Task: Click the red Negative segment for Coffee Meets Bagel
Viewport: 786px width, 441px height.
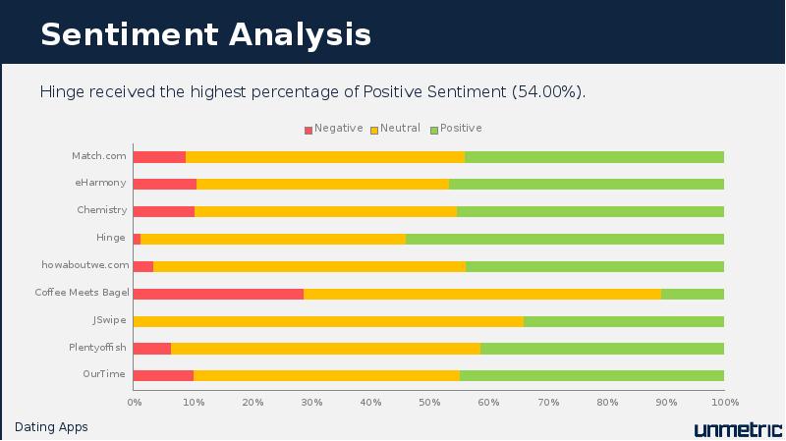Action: click(218, 293)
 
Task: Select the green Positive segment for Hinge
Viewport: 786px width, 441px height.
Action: click(565, 238)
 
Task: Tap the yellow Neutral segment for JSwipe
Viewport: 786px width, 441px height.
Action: click(328, 320)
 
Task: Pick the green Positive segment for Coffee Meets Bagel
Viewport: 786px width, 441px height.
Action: click(693, 293)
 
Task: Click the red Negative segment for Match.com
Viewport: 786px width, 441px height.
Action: click(159, 156)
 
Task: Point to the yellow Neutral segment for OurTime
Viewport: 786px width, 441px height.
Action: click(326, 374)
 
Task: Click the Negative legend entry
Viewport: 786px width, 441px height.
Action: click(334, 129)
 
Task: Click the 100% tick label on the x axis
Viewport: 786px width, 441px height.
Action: click(724, 401)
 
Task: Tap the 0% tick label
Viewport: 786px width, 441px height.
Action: click(135, 401)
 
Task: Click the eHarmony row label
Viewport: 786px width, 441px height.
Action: click(101, 183)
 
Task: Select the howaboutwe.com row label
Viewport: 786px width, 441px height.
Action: click(85, 265)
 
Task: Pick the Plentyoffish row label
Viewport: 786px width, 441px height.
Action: click(98, 347)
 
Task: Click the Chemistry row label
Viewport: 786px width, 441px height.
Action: click(102, 210)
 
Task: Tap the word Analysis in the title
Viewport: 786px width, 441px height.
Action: click(301, 34)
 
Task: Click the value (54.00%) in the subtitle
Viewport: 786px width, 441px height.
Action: click(548, 92)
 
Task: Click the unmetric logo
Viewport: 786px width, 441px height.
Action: click(737, 428)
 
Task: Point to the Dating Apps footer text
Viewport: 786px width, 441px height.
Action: click(51, 427)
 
